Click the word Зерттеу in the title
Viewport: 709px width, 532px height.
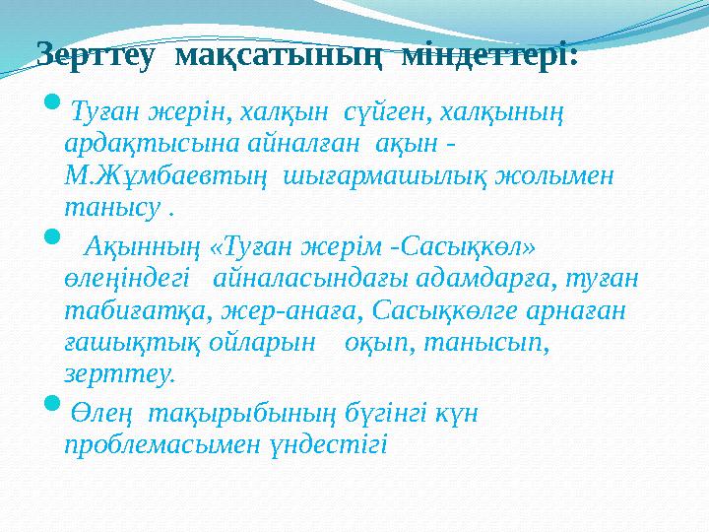(x=95, y=55)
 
